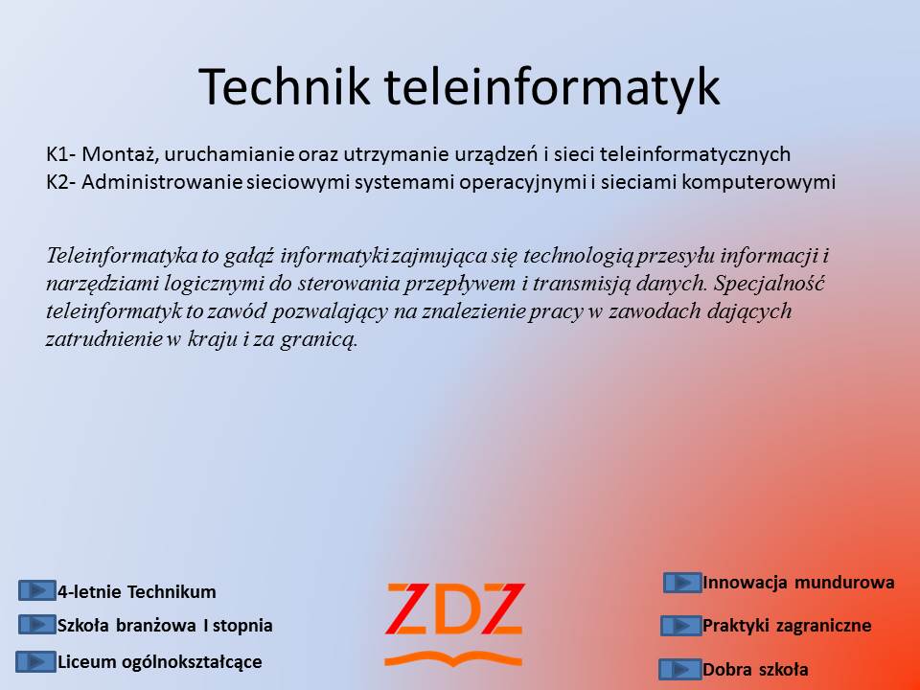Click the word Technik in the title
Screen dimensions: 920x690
click(285, 86)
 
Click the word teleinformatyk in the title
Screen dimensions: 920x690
click(552, 88)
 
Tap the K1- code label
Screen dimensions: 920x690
click(61, 153)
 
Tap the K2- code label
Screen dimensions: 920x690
click(61, 182)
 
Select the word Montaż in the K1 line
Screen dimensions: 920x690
click(121, 155)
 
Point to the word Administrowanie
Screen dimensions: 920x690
click(161, 182)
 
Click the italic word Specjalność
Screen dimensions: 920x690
click(770, 284)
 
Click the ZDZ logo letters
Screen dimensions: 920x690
click(454, 609)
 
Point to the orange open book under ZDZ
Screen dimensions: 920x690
click(453, 659)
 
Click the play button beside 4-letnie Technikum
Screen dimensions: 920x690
click(37, 590)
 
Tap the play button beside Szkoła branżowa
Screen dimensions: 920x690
click(37, 624)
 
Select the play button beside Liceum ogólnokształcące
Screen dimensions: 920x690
click(35, 661)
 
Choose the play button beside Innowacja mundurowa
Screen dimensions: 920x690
click(682, 583)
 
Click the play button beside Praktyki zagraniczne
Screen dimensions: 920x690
click(681, 626)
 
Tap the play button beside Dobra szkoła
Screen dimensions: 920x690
click(680, 669)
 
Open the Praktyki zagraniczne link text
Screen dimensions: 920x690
click(787, 626)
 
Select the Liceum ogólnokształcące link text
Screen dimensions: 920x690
click(160, 662)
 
